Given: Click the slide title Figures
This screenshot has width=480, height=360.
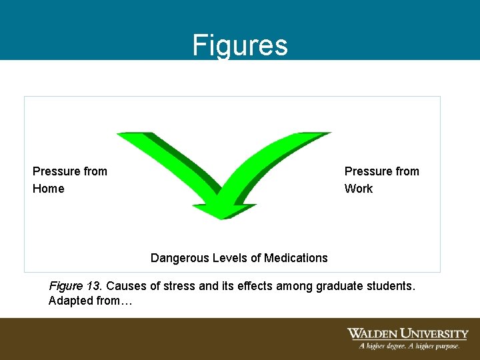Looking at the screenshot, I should click(240, 45).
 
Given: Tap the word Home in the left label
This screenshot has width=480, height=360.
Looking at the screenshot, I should click(49, 189).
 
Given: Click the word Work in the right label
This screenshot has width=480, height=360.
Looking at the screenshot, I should click(359, 189).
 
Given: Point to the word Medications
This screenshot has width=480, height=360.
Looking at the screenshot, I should click(296, 258).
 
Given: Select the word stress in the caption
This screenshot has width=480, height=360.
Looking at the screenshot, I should click(180, 286).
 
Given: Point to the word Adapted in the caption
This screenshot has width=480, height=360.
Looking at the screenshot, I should click(69, 301).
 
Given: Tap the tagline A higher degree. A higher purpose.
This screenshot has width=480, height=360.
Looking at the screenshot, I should click(409, 346).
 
